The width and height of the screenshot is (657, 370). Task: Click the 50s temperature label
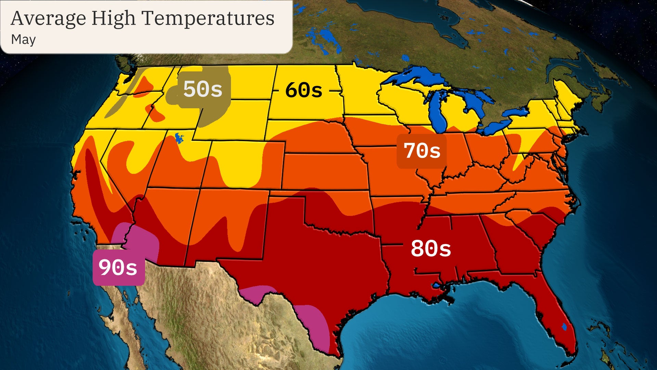click(203, 89)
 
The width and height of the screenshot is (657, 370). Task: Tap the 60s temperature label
click(304, 90)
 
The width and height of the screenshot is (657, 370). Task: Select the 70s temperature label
click(422, 151)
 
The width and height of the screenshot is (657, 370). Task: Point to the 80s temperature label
click(431, 248)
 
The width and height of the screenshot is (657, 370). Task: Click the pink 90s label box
click(118, 268)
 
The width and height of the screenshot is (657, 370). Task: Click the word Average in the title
click(48, 18)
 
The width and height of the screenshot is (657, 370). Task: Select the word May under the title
click(23, 40)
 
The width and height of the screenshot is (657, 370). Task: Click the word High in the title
click(113, 18)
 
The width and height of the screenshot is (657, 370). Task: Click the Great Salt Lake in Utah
click(179, 138)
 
